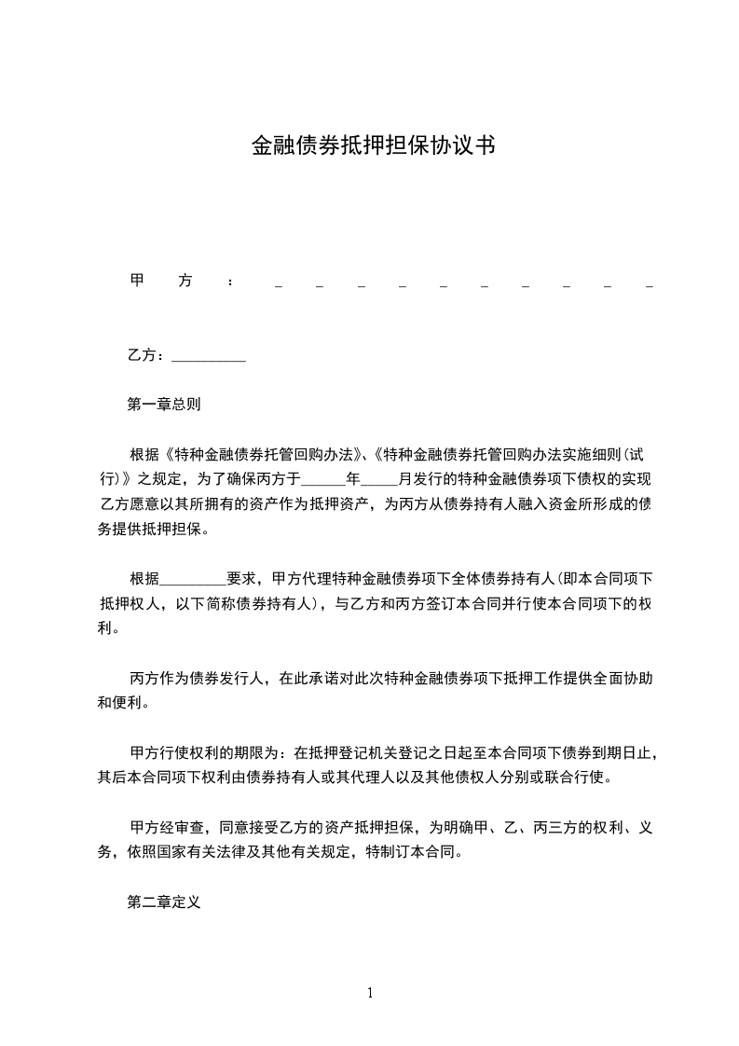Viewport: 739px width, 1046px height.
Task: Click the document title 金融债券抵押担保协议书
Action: point(372,145)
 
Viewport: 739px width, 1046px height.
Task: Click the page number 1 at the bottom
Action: point(370,993)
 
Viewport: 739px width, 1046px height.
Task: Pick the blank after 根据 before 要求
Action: point(194,580)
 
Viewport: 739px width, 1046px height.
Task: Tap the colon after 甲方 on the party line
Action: point(229,282)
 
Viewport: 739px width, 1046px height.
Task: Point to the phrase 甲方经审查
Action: point(169,828)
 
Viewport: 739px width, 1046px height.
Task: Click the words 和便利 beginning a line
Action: point(119,703)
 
